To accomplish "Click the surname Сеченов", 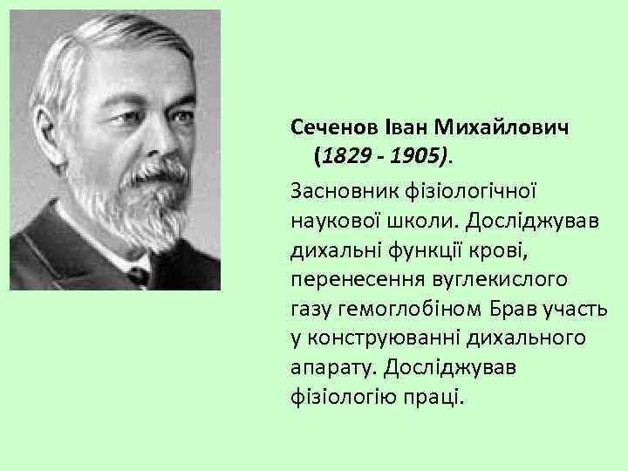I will (x=334, y=128).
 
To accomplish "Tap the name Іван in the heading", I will (x=405, y=128).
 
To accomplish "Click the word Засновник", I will (x=340, y=189).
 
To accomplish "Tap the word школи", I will (x=418, y=219).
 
